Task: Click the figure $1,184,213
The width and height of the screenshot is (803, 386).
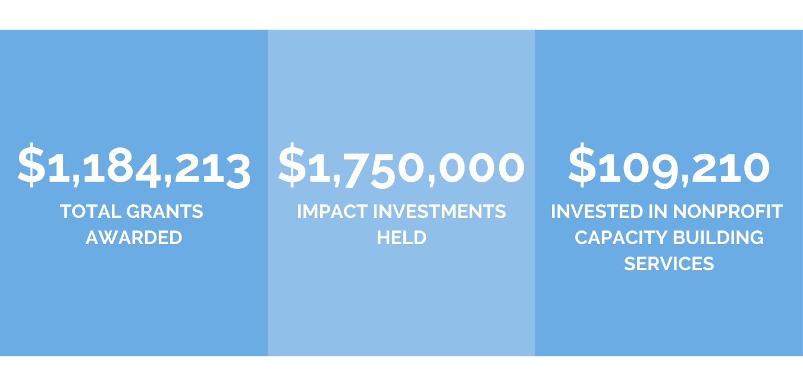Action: click(x=134, y=166)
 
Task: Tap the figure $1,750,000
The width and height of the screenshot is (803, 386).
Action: click(x=401, y=166)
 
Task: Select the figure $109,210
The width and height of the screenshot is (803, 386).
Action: click(x=669, y=166)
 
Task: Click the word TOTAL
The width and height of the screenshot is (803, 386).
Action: click(x=90, y=211)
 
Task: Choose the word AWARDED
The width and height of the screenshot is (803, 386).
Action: click(x=134, y=238)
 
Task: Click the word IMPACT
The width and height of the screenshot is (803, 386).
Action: click(x=333, y=211)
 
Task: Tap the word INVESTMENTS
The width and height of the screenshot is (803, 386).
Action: click(x=440, y=211)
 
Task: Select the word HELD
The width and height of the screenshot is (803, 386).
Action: click(x=401, y=238)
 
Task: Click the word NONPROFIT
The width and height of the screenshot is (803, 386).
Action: click(x=727, y=211)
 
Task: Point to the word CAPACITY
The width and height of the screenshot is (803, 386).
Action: click(x=621, y=238)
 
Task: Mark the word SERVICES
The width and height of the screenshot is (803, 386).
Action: click(x=669, y=264)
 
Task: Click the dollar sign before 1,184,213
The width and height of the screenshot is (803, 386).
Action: click(x=32, y=165)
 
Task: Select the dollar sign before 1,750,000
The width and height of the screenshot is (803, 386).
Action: click(x=292, y=165)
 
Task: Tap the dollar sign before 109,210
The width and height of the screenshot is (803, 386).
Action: click(x=582, y=165)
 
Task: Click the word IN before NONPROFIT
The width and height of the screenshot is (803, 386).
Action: click(x=658, y=211)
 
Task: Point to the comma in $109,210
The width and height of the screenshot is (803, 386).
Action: click(x=685, y=181)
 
